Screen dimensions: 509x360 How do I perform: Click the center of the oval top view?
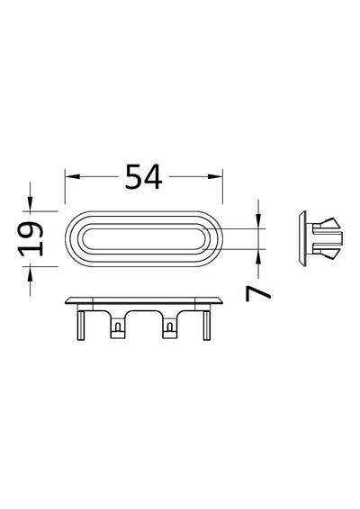pos(144,238)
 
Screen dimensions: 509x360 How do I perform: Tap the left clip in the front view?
pos(118,329)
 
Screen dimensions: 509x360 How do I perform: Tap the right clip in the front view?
pos(168,329)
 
